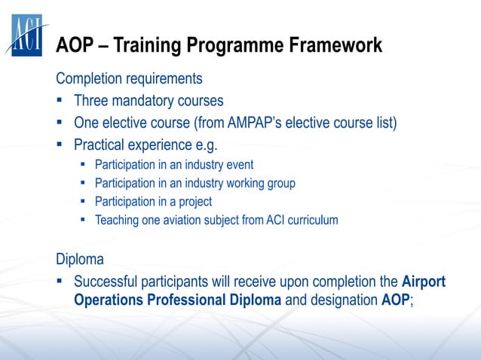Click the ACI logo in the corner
click(26, 34)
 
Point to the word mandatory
click(147, 100)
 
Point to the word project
click(191, 202)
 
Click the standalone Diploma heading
click(80, 260)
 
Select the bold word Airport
click(424, 282)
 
